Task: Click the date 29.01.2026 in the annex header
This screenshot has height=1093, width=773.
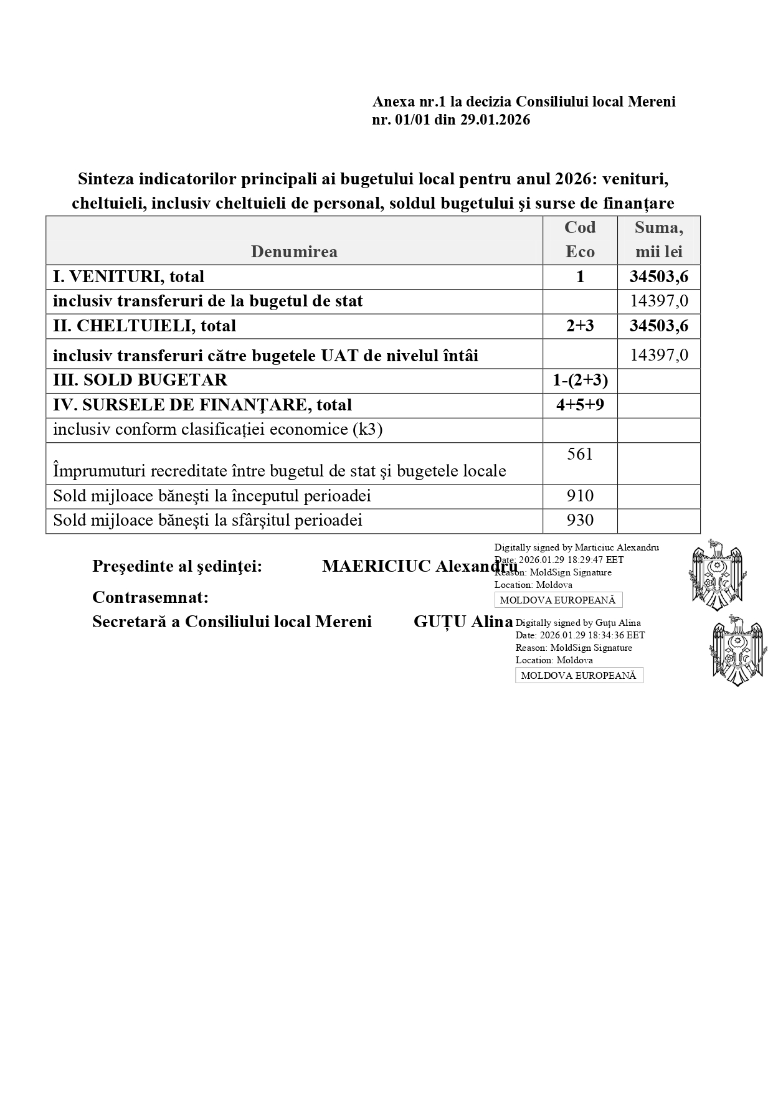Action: pyautogui.click(x=495, y=120)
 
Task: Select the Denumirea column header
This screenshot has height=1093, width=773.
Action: pyautogui.click(x=294, y=251)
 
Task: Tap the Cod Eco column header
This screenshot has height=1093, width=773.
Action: pyautogui.click(x=580, y=240)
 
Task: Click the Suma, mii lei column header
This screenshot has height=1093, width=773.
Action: pyautogui.click(x=658, y=240)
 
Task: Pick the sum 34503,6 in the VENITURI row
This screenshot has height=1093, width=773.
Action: pyautogui.click(x=658, y=277)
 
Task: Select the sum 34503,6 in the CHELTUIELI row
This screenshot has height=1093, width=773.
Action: pyautogui.click(x=658, y=326)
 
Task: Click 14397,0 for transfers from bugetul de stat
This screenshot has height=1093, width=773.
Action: pyautogui.click(x=659, y=301)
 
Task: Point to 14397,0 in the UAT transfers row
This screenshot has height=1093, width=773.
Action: pyautogui.click(x=659, y=355)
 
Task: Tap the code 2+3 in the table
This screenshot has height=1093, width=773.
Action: pyautogui.click(x=580, y=326)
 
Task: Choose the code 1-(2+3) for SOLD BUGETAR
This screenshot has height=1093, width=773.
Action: pyautogui.click(x=580, y=380)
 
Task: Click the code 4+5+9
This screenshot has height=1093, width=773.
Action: pyautogui.click(x=580, y=405)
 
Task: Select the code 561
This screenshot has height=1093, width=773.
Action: pyautogui.click(x=580, y=454)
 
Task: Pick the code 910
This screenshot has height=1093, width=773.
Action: pyautogui.click(x=580, y=496)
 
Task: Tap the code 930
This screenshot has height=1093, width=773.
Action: pyautogui.click(x=580, y=520)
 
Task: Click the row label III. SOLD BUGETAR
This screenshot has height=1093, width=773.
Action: pyautogui.click(x=140, y=380)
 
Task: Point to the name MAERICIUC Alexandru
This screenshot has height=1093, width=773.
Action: pyautogui.click(x=419, y=566)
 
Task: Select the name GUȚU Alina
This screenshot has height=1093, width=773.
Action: pyautogui.click(x=463, y=622)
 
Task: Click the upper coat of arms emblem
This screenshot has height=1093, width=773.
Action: pyautogui.click(x=717, y=574)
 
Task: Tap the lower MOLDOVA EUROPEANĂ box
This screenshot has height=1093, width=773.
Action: pyautogui.click(x=579, y=675)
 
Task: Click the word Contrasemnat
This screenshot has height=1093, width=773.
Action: pyautogui.click(x=150, y=597)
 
